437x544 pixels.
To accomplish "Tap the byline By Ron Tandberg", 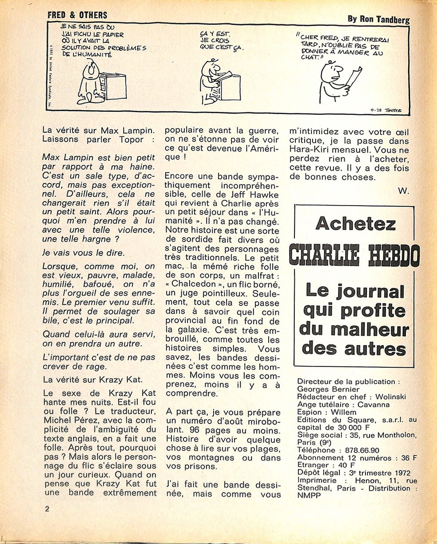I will coord(378,19).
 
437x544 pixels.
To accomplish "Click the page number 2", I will coord(47,508).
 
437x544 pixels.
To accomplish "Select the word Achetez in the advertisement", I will coord(355,224).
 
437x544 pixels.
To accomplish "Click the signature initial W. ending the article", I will coord(403,191).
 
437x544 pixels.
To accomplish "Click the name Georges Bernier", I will coord(328,389).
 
